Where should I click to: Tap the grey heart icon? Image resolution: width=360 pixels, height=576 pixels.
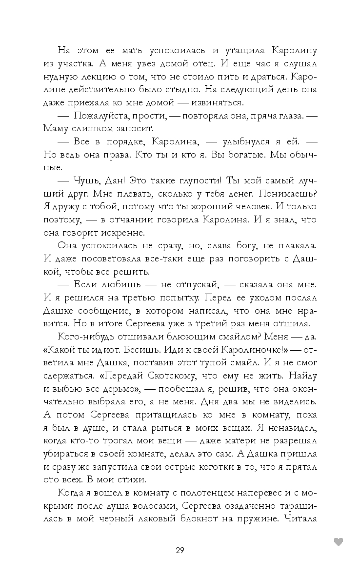338,541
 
